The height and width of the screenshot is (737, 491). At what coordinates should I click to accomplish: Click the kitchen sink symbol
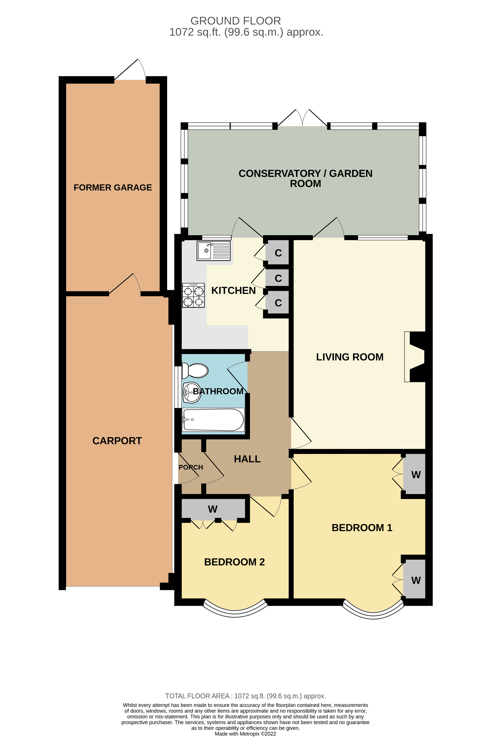click(x=213, y=250)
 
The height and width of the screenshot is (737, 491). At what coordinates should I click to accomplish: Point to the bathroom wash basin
click(x=191, y=392)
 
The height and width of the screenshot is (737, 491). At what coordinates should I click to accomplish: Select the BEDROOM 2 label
click(x=234, y=562)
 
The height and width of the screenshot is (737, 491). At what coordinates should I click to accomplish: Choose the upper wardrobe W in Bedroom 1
click(x=415, y=475)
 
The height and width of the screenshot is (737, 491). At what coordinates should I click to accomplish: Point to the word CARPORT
click(x=117, y=441)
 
